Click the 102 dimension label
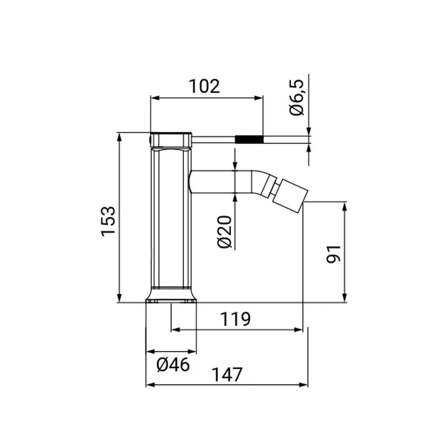[x=204, y=86]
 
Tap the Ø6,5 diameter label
[x=297, y=98]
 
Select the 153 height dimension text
[x=109, y=222]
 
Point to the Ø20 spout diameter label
[x=224, y=232]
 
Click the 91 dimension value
[x=334, y=254]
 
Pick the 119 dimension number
[x=235, y=319]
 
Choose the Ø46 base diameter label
[x=173, y=365]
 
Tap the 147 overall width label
[x=227, y=375]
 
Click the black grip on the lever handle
[x=249, y=139]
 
